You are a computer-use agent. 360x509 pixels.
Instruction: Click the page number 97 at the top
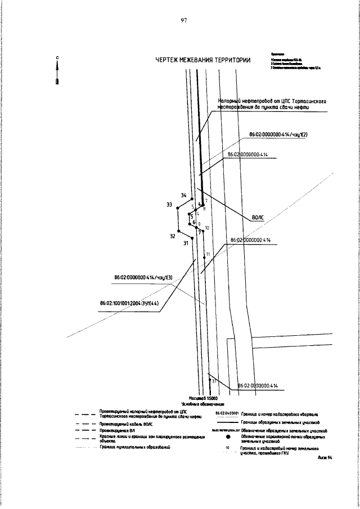tap(183, 21)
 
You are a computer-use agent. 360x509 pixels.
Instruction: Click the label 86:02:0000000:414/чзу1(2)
tap(280, 136)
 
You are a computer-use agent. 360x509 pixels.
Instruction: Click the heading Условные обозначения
tap(202, 404)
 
